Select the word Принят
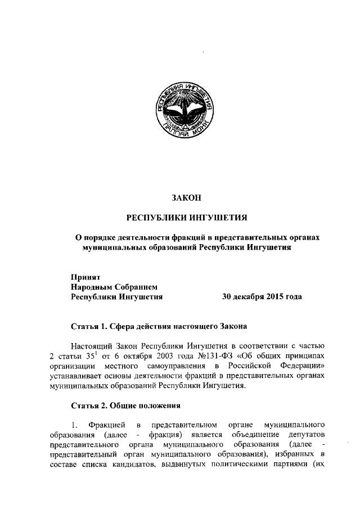[85, 277]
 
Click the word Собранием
[137, 287]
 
